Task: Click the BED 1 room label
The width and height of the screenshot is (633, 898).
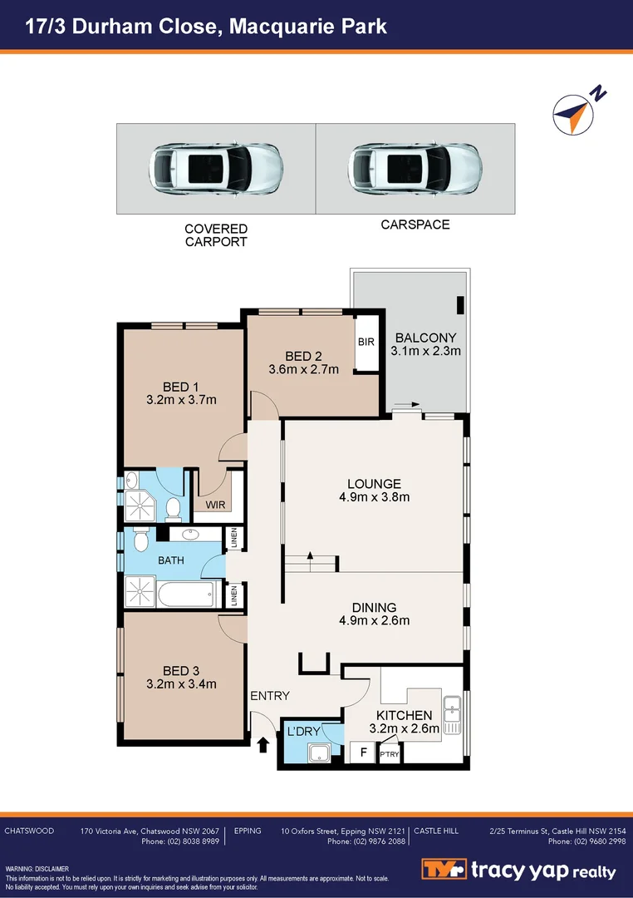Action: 175,386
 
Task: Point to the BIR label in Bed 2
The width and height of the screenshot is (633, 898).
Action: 366,342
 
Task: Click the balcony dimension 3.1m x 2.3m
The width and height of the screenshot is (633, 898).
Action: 425,351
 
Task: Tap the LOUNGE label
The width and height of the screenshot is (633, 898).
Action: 374,483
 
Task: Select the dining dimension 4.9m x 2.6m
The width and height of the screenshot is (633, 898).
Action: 374,620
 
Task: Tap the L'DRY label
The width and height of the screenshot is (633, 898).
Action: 303,731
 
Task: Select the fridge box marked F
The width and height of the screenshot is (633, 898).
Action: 362,753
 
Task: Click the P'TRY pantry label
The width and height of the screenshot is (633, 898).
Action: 389,754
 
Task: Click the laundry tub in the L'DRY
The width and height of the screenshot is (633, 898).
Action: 319,754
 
